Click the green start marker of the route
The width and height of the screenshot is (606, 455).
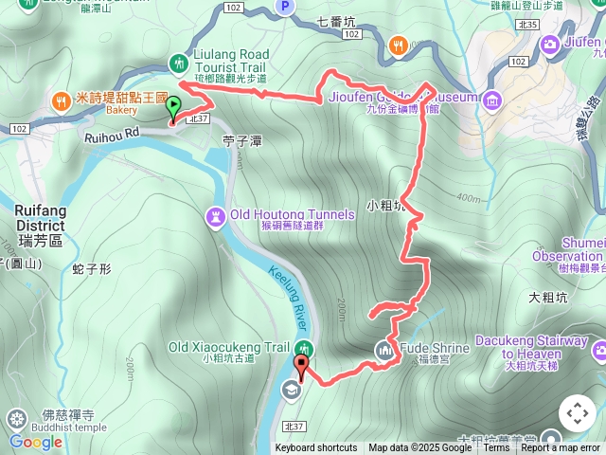172,108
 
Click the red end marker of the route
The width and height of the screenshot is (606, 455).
302,365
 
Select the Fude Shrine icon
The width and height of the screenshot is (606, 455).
384,349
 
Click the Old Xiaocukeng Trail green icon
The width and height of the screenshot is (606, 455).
304,348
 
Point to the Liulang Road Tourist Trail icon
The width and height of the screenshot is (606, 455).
178,63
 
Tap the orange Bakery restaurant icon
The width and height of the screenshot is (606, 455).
62,100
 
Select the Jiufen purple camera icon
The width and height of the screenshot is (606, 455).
550,44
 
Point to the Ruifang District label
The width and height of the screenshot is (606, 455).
40,219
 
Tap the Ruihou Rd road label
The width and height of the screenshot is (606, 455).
112,135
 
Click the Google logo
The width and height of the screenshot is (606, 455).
35,442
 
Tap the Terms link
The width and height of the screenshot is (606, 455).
496,448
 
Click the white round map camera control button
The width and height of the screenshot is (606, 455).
578,413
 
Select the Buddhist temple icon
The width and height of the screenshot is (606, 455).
16,418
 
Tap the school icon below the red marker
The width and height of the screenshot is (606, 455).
289,387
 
